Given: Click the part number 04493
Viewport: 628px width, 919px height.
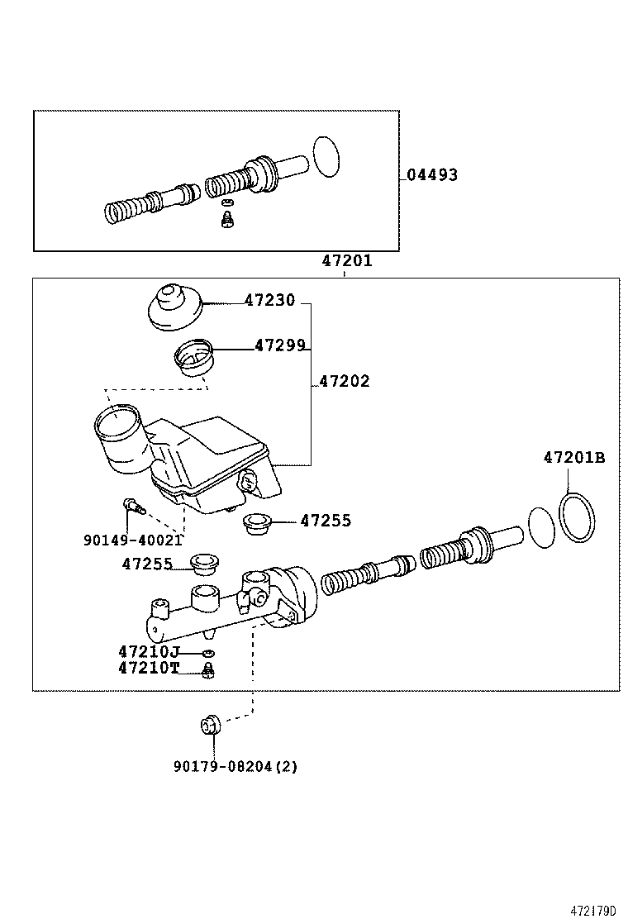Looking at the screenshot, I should click(x=431, y=175).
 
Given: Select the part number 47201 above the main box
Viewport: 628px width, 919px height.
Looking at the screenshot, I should click(x=347, y=261).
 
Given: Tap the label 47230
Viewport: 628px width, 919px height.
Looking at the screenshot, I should click(x=269, y=302).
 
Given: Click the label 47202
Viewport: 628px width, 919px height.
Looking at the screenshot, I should click(x=345, y=382).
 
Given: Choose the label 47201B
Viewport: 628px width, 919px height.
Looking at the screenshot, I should click(x=573, y=457).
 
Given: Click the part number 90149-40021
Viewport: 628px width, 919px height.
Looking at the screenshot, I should click(x=132, y=540).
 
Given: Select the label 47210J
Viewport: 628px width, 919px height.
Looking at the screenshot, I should click(x=148, y=652).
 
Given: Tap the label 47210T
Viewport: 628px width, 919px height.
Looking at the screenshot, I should click(x=148, y=668).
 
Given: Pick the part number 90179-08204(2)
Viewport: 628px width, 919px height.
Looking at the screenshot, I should click(x=235, y=766).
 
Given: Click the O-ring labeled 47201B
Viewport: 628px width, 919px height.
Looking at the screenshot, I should click(x=577, y=517).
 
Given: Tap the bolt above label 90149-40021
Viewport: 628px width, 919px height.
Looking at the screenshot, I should click(x=131, y=505).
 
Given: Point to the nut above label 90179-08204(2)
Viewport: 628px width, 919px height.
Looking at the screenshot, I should click(x=210, y=726).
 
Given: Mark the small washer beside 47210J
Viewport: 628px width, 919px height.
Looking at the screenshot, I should click(x=208, y=654).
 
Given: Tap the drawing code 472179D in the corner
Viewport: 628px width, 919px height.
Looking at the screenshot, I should click(x=593, y=911).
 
